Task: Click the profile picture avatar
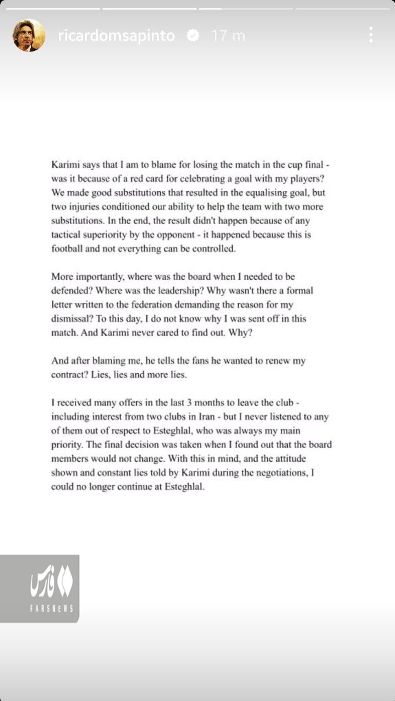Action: tap(29, 36)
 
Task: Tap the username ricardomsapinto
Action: tap(116, 36)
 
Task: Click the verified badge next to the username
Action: tap(193, 35)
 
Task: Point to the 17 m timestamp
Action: tap(228, 36)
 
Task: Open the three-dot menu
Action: tap(371, 35)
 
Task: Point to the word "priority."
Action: tap(67, 445)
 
